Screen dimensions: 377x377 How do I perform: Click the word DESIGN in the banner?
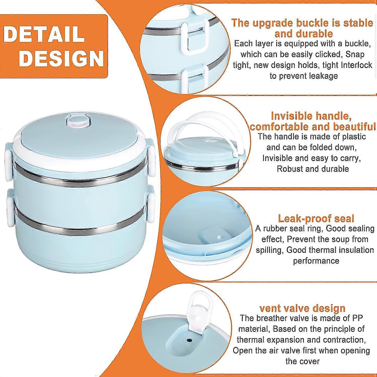tap(62, 58)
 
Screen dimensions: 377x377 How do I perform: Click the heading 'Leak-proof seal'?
tap(316, 218)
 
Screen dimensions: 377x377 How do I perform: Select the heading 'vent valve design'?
tap(302, 308)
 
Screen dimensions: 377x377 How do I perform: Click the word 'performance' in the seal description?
tap(316, 261)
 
